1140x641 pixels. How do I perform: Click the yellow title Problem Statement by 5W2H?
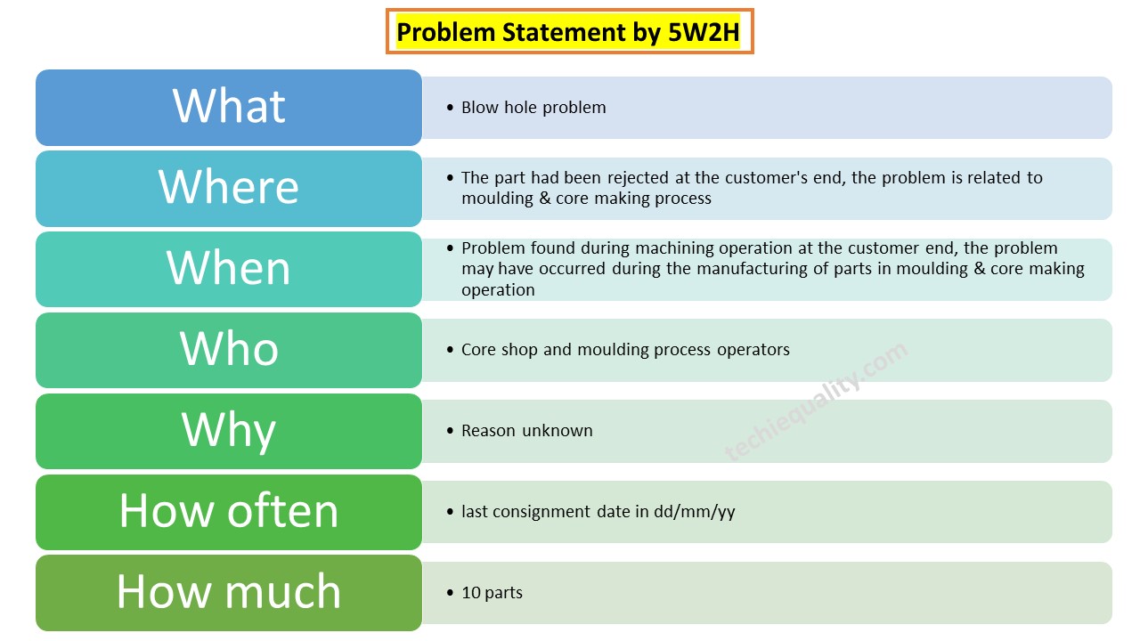pos(568,33)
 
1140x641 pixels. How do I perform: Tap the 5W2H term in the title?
pos(704,33)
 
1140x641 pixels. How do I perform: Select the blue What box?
pos(229,107)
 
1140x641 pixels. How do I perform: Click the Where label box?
pos(229,188)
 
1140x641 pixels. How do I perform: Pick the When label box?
pos(229,269)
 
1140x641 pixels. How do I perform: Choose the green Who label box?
pos(229,350)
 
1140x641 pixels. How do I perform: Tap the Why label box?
pos(229,431)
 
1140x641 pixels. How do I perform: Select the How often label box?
pos(229,512)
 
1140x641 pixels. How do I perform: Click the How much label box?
pos(229,593)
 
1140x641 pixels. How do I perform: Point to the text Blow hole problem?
pos(533,108)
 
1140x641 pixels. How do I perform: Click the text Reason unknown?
pos(526,431)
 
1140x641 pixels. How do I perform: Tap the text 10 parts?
pos(492,593)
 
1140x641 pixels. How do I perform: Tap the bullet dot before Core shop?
pos(450,350)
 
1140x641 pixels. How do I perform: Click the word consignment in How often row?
pos(542,512)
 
